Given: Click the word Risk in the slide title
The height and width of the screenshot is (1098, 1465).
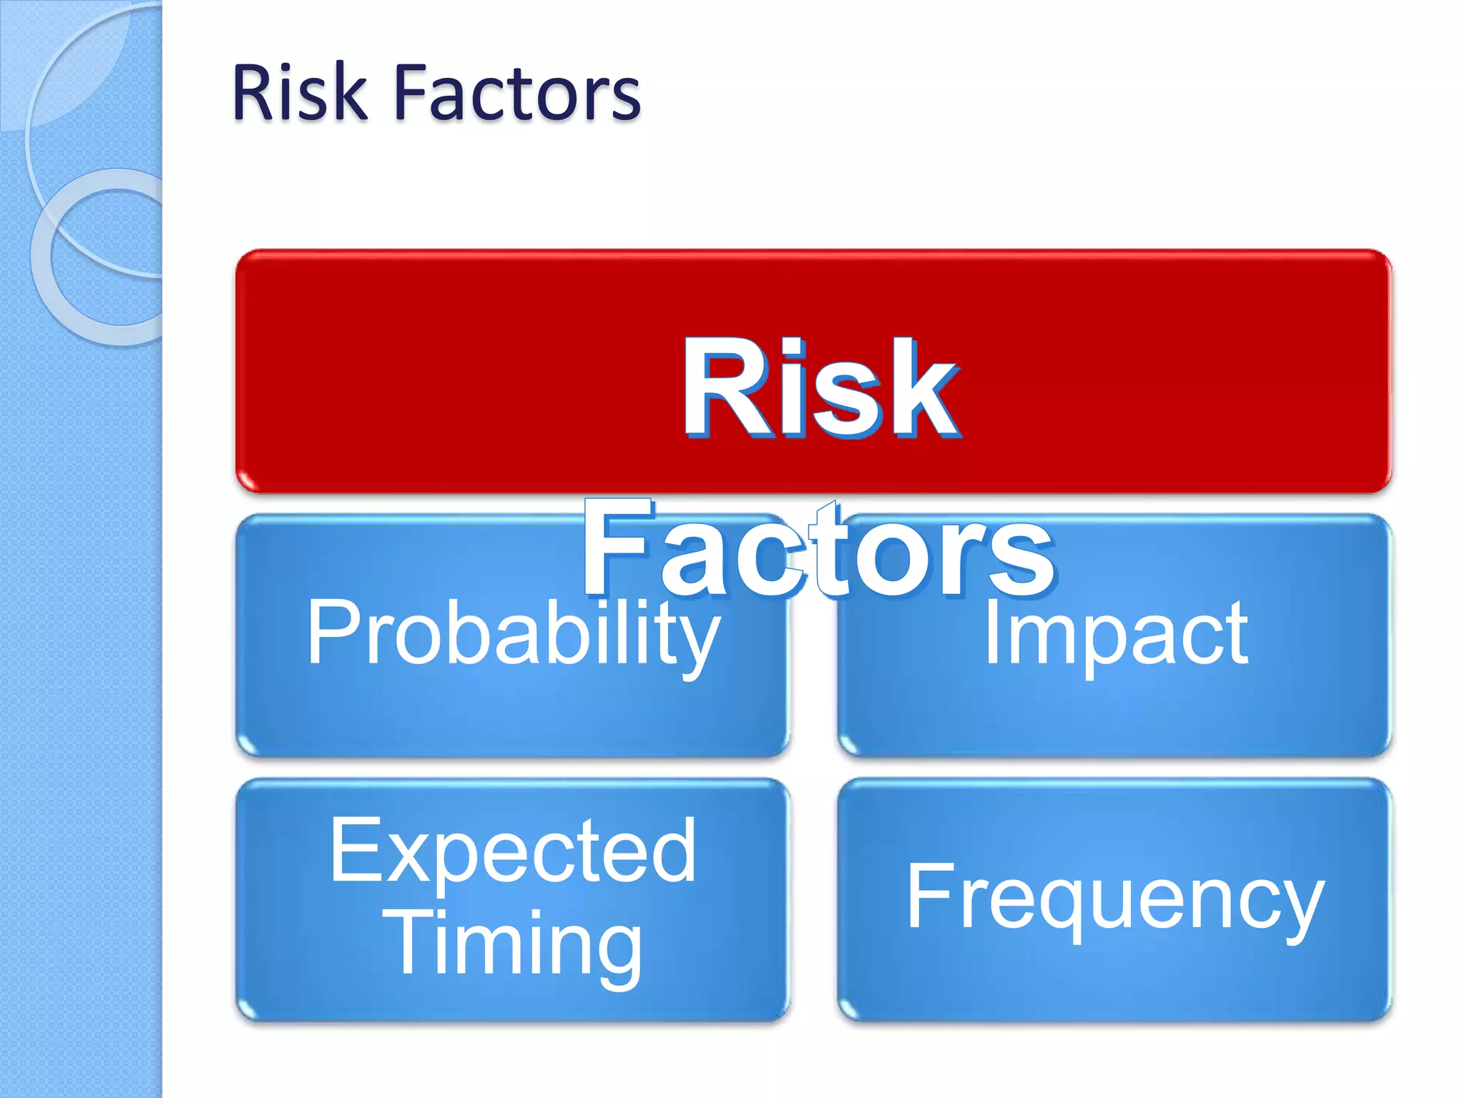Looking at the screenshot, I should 299,93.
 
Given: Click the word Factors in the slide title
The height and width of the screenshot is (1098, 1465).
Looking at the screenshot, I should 516,93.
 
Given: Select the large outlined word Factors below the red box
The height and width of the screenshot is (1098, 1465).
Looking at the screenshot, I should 818,549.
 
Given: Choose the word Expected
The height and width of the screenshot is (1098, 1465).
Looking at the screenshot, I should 513,850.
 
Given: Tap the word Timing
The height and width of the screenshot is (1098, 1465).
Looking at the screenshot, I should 513,944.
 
